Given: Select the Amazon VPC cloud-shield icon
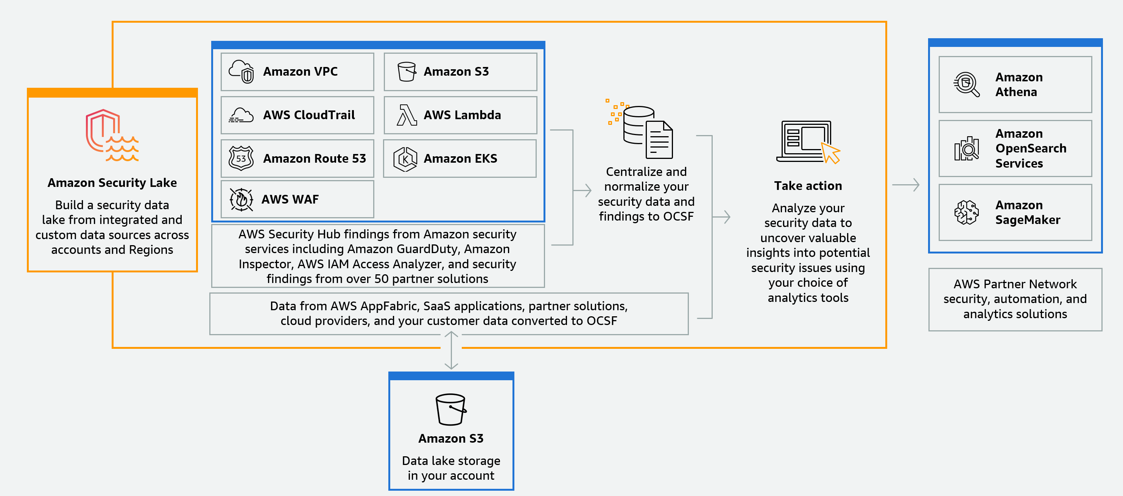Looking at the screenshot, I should coord(241,72).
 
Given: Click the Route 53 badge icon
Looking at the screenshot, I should coord(241,158).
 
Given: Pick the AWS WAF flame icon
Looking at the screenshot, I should coord(241,200).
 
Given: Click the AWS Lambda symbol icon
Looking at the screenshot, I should coord(406,115).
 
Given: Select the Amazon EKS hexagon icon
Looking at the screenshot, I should coord(405,159).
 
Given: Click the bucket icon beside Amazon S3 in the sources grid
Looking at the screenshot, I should coord(406,72).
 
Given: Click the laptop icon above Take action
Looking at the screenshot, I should coord(807,141).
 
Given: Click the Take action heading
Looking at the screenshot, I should coord(808,186).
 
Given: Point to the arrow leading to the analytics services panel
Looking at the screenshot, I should coord(906,185).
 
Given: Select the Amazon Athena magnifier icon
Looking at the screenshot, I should coord(966,84).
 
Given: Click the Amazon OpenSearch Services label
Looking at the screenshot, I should coord(1030,148).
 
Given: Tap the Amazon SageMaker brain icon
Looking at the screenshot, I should coord(966,212).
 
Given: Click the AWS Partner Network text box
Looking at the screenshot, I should coord(1015,299).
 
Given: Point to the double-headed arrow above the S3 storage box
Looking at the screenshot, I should coord(451,350).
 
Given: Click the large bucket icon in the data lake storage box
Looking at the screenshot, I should coord(451,409).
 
